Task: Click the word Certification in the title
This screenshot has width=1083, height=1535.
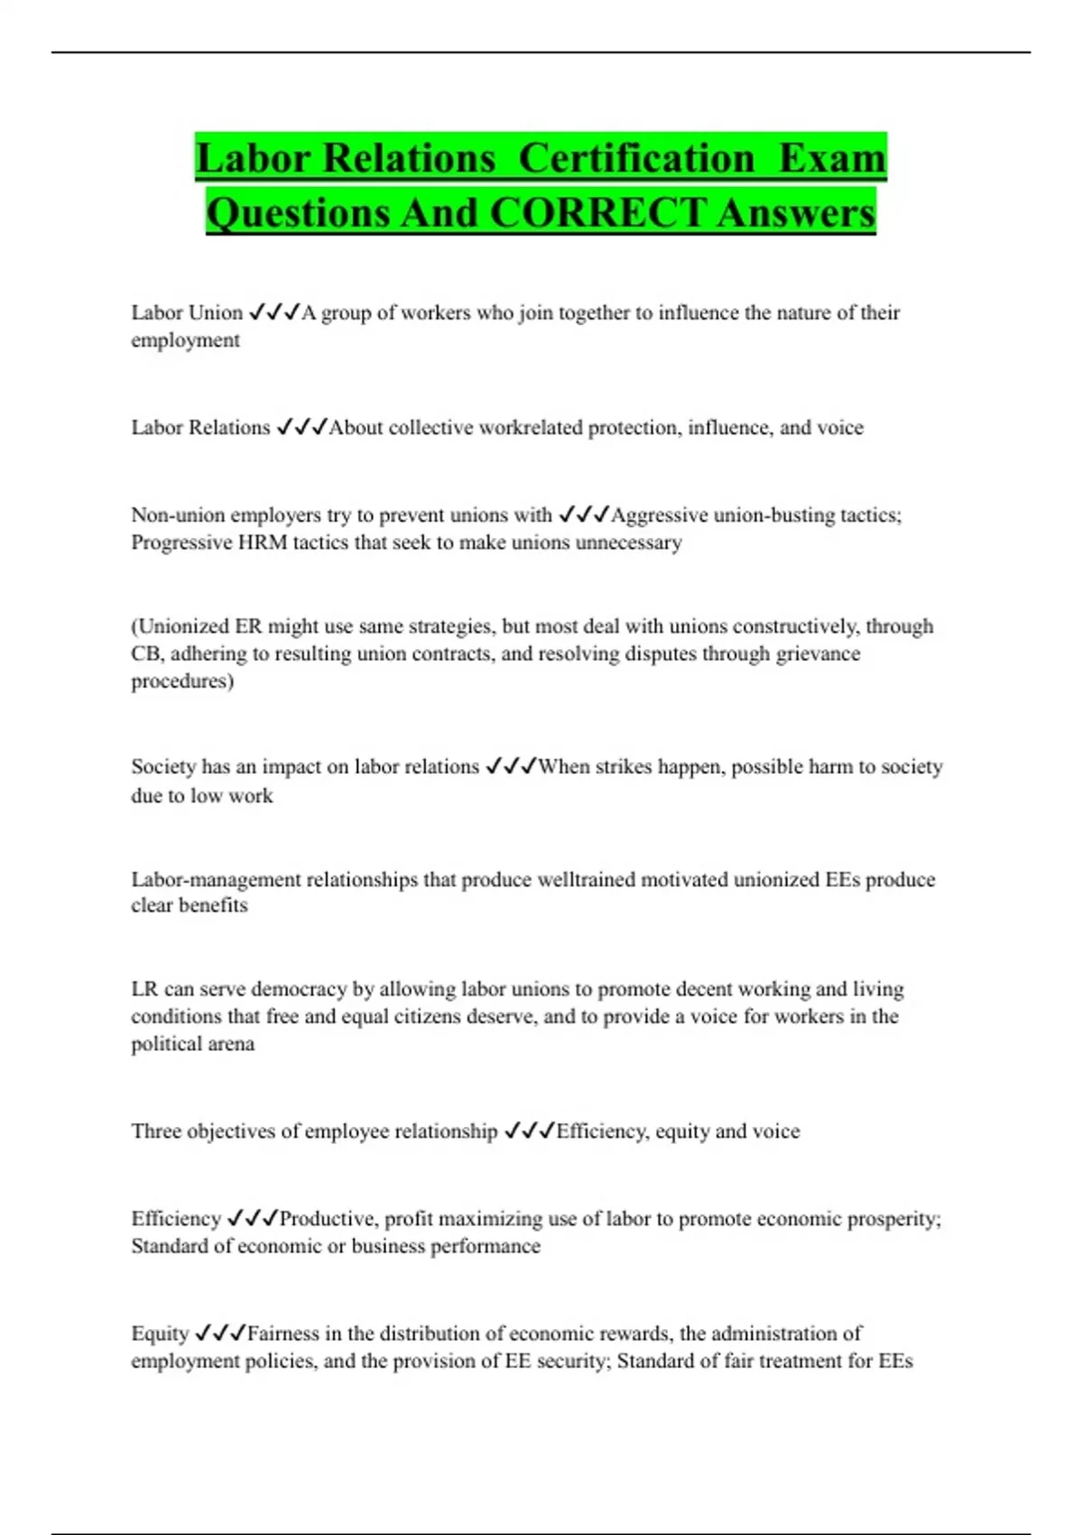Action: tap(636, 158)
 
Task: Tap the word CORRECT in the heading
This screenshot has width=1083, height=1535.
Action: tap(597, 213)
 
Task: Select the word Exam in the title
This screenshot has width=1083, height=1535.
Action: tap(832, 158)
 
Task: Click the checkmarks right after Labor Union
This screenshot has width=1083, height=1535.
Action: tap(273, 312)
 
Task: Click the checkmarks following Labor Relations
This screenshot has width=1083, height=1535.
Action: tap(301, 427)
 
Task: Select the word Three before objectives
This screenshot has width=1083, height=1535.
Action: tap(156, 1131)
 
